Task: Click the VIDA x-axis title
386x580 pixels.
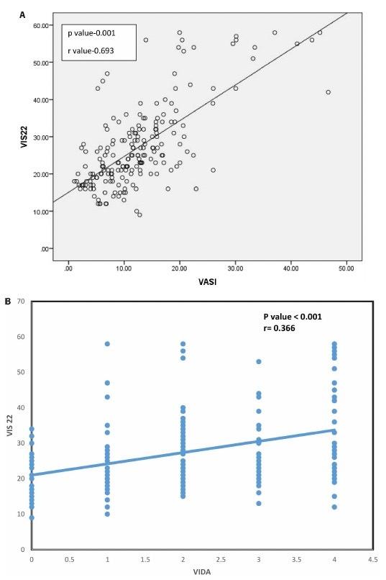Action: click(201, 572)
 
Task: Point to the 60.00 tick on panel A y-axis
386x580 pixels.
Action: click(40, 25)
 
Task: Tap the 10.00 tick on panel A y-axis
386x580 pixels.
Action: click(40, 212)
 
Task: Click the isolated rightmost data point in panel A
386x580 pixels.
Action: click(328, 92)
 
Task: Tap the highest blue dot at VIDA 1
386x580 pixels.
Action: click(107, 344)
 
